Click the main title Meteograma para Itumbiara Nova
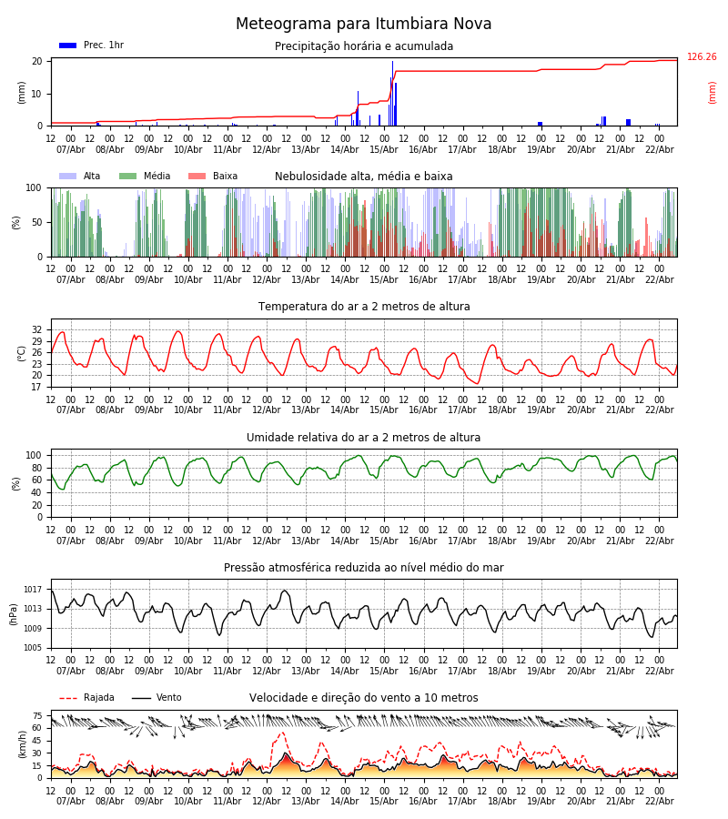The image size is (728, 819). point(363,25)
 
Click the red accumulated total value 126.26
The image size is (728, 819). point(702,57)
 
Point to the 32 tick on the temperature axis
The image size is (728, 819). point(37,329)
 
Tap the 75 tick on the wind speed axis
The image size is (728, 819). point(37,716)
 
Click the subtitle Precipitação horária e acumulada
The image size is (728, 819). point(364,46)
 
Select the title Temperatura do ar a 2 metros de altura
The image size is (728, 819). point(364,307)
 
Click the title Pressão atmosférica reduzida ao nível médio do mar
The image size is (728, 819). point(364,568)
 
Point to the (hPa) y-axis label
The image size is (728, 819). point(14,613)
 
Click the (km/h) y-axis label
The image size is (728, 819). point(22,743)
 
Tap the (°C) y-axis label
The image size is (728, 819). point(22,352)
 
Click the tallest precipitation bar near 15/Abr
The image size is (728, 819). point(392,91)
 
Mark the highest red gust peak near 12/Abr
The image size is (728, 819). point(281,733)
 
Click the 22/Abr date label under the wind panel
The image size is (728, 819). point(659,801)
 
